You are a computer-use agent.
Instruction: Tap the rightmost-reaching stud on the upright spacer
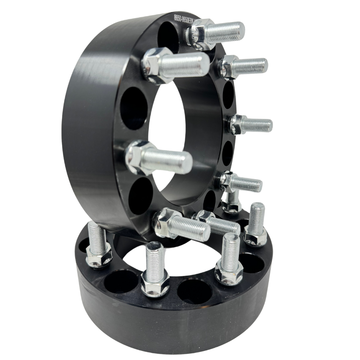click(x=255, y=125)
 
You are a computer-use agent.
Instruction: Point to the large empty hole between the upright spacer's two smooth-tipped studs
click(x=133, y=108)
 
